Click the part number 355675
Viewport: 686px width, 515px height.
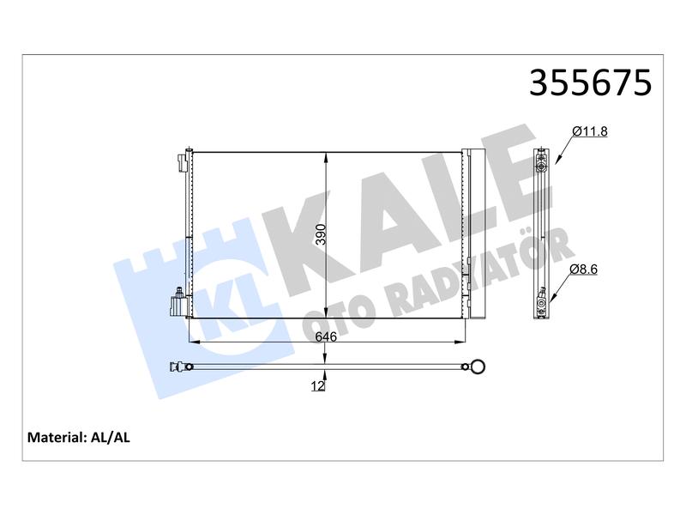coord(590,82)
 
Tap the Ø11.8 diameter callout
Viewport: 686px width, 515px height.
coord(590,131)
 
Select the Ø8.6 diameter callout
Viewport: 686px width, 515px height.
coord(584,270)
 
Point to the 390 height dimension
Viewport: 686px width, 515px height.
coord(321,234)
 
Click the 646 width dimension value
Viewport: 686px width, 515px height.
coord(326,336)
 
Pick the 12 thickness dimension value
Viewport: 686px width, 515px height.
coord(318,385)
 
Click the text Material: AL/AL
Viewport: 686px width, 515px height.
coord(79,437)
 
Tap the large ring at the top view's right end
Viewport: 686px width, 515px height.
coord(478,367)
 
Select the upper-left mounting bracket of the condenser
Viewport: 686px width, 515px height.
coord(184,162)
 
